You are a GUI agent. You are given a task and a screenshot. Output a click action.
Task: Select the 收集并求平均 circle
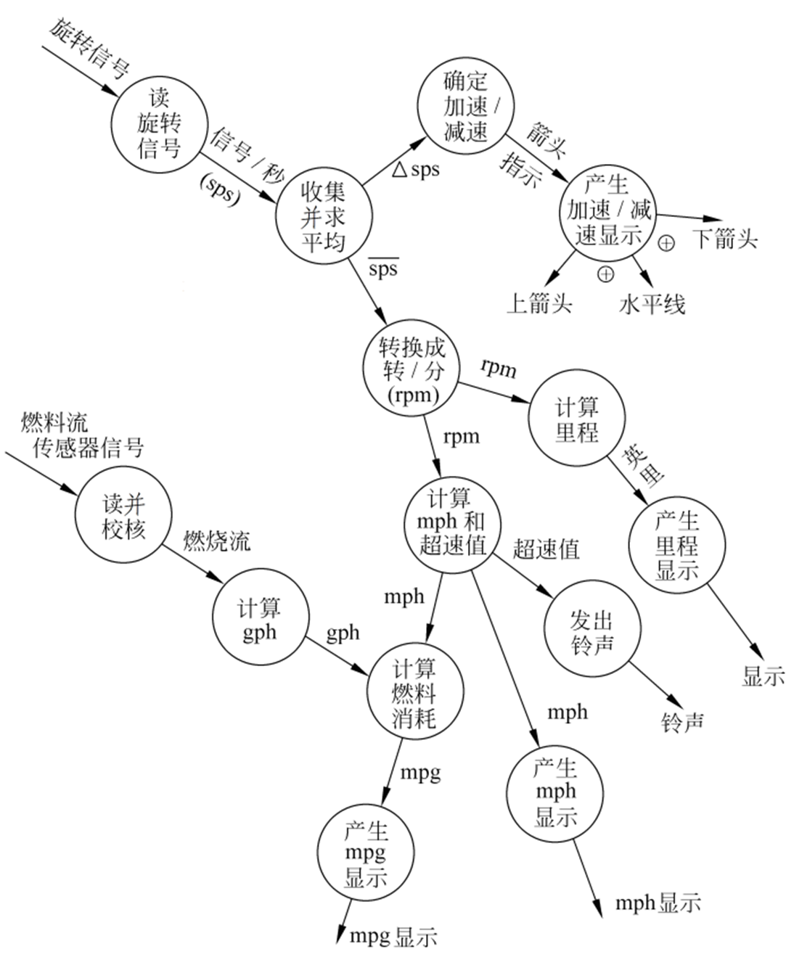tap(324, 217)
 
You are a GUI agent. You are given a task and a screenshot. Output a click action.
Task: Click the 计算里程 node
tap(577, 420)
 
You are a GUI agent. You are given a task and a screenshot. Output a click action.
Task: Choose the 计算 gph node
tap(260, 620)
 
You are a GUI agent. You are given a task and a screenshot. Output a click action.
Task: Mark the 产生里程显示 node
tap(677, 545)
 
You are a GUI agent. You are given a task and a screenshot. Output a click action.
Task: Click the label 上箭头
tap(539, 303)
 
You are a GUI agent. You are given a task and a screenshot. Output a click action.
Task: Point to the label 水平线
tap(652, 305)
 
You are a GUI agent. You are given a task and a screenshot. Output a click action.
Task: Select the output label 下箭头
tap(725, 238)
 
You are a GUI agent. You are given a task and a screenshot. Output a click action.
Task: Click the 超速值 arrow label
tap(546, 549)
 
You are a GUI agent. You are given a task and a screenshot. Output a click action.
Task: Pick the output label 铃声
tap(682, 722)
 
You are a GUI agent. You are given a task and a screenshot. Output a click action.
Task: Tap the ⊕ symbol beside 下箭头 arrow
tap(666, 243)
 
